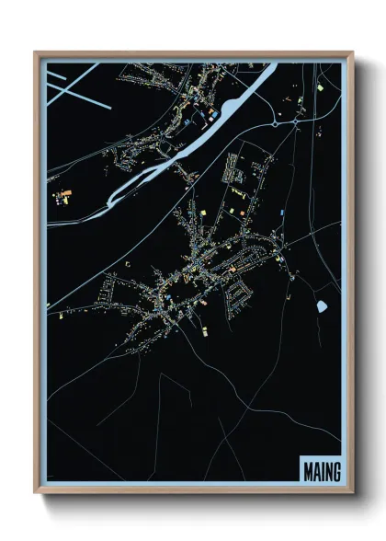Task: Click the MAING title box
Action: [x=320, y=471]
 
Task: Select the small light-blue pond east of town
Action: [x=322, y=305]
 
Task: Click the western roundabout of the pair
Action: [x=275, y=124]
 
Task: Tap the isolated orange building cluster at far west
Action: [x=63, y=195]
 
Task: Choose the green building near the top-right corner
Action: [x=320, y=86]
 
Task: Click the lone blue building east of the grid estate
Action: [x=282, y=213]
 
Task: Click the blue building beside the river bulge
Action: [x=188, y=120]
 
